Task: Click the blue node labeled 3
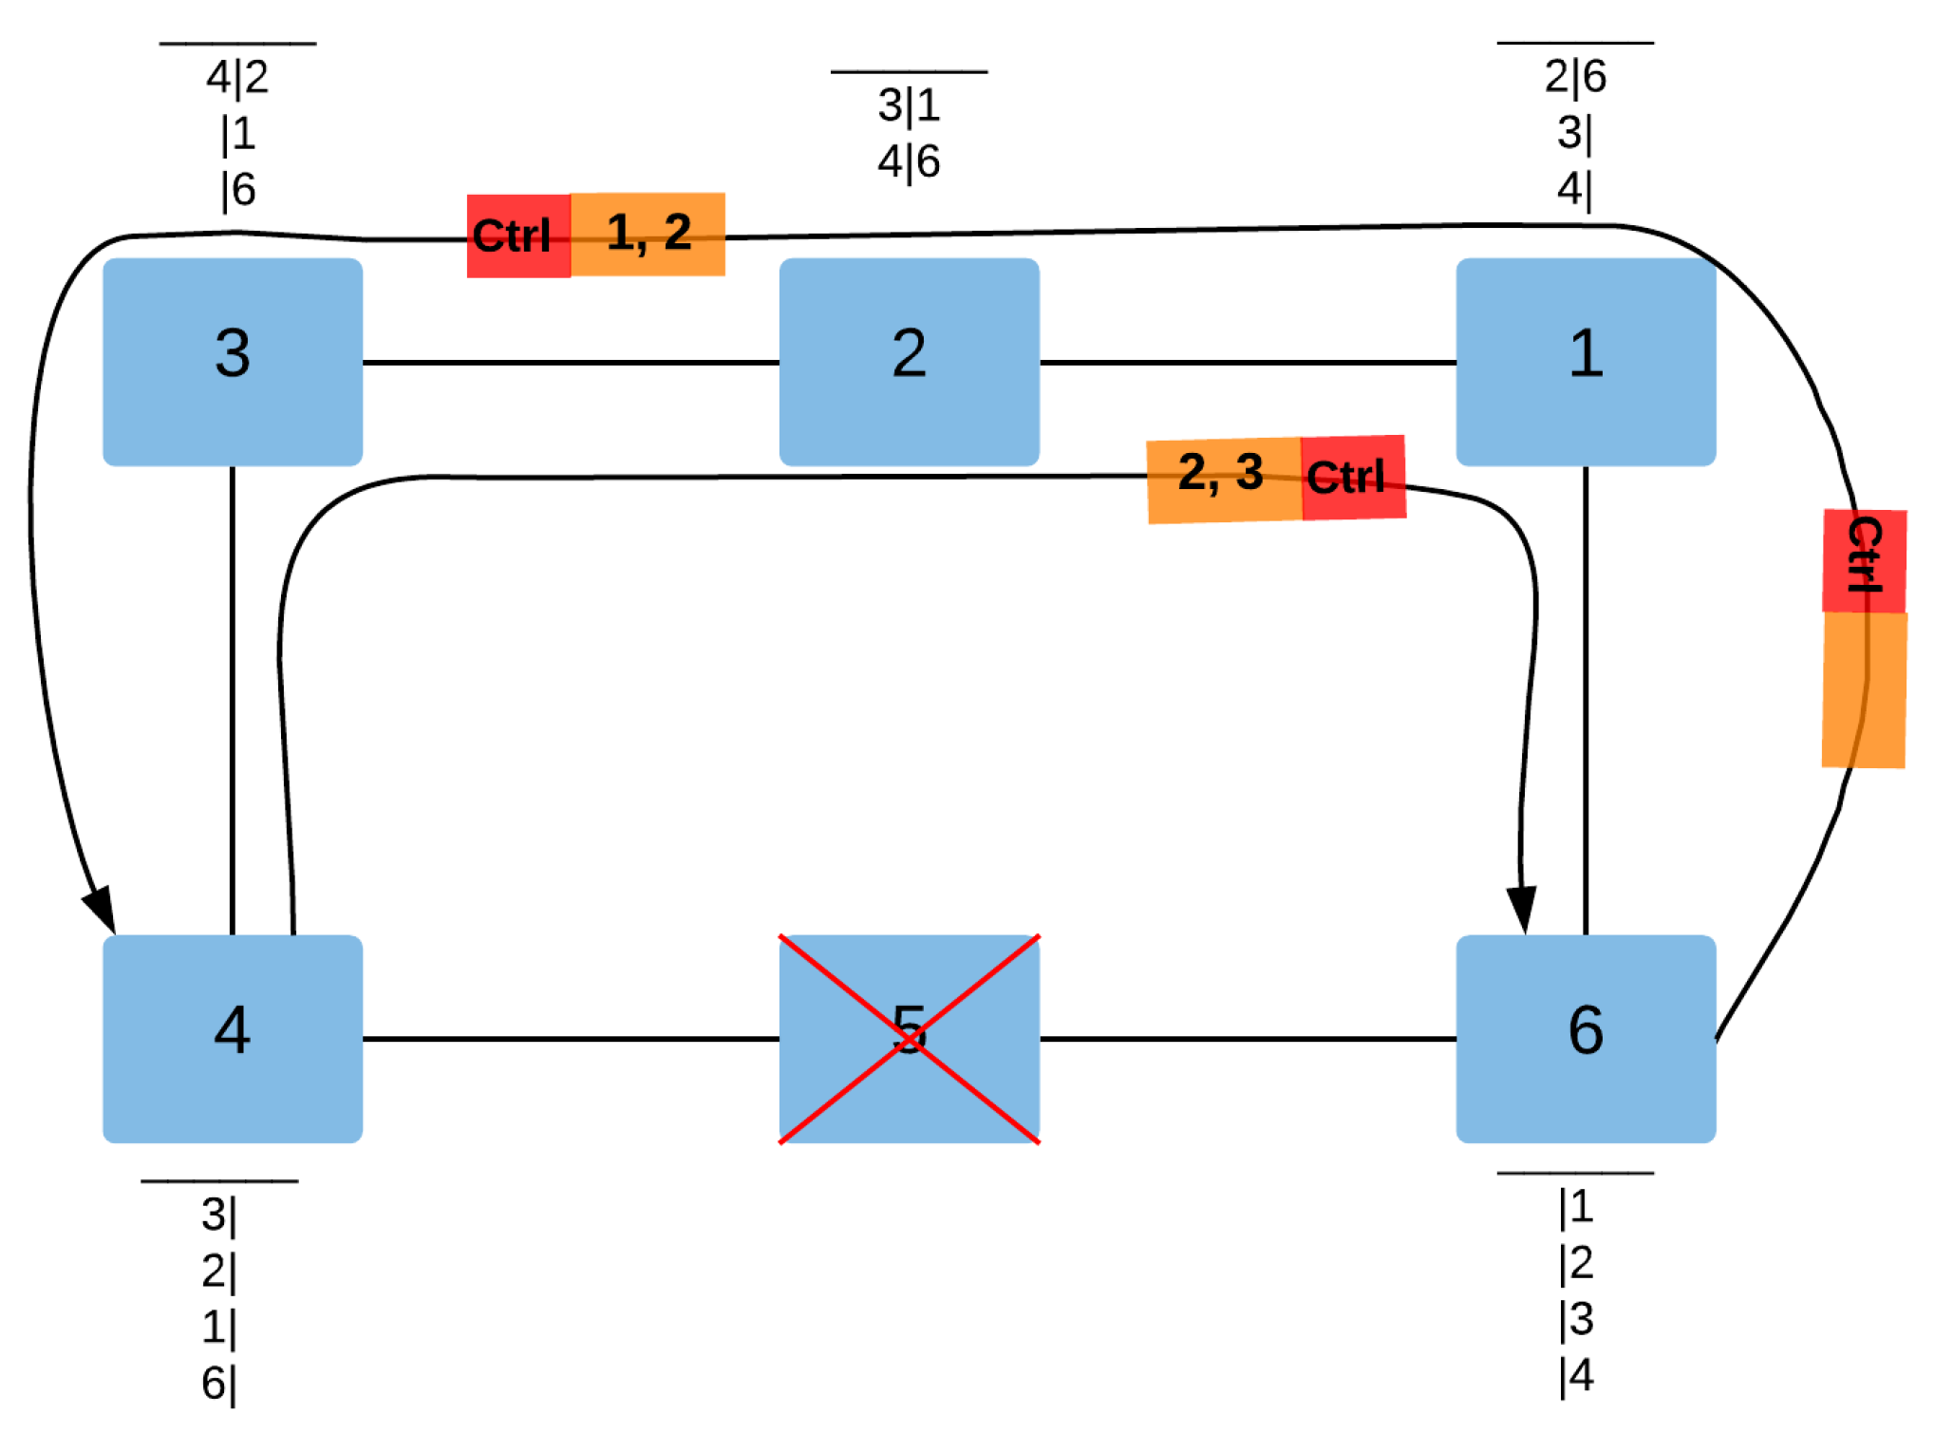[x=233, y=362]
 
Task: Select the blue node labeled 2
[x=909, y=362]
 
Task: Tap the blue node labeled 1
[x=1585, y=362]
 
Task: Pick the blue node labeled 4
[x=233, y=1038]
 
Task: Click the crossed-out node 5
[x=909, y=1038]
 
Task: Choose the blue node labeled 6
[x=1585, y=1038]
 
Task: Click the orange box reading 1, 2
[x=648, y=235]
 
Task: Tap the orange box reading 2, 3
[x=1223, y=481]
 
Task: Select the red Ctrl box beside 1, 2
[x=518, y=236]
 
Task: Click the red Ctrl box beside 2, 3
[x=1352, y=478]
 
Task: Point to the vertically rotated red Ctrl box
[x=1864, y=560]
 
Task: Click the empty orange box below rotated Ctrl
[x=1864, y=689]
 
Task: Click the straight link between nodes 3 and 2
[x=570, y=362]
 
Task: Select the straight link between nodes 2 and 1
[x=1247, y=362]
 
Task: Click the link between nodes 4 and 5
[x=570, y=1038]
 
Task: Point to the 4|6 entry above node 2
[x=909, y=161]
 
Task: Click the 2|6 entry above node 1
[x=1575, y=76]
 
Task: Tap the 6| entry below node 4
[x=218, y=1383]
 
